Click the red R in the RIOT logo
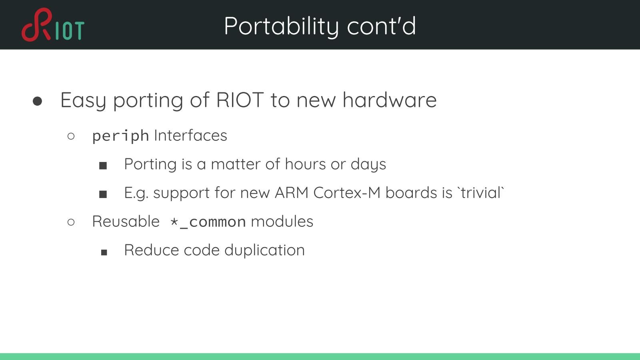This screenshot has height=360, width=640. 38,25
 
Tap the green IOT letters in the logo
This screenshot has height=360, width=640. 70,31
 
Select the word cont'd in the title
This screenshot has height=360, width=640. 381,26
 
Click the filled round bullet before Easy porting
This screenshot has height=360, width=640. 38,101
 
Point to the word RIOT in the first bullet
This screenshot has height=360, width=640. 240,100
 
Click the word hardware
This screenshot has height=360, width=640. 389,100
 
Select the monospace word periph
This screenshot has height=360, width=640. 120,136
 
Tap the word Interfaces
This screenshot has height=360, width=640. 190,136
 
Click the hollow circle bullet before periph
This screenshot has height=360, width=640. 71,136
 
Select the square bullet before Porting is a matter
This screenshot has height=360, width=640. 103,166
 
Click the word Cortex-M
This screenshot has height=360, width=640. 347,193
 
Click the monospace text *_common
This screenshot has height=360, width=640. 208,222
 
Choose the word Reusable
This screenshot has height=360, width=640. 126,222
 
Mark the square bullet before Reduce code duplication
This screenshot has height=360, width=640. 104,252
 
